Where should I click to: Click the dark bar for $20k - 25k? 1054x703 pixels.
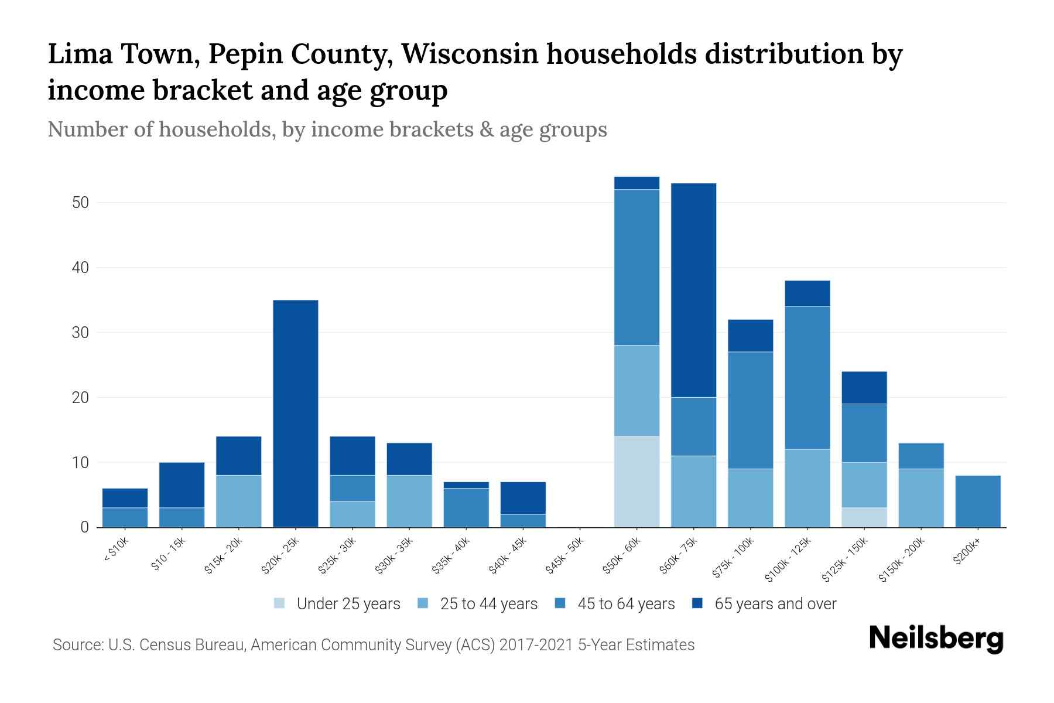pyautogui.click(x=296, y=414)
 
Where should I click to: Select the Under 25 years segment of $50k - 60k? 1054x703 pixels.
pyautogui.click(x=636, y=482)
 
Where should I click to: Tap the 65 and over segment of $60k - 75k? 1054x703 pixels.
pyautogui.click(x=693, y=290)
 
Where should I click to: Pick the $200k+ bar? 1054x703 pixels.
pyautogui.click(x=977, y=501)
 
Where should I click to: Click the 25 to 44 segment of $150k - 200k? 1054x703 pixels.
pyautogui.click(x=921, y=498)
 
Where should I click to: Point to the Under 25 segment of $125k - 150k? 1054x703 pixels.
pyautogui.click(x=864, y=517)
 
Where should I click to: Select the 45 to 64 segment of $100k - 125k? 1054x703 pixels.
pyautogui.click(x=807, y=378)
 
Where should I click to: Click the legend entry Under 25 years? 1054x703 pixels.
pyautogui.click(x=348, y=604)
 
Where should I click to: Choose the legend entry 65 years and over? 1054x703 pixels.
pyautogui.click(x=775, y=604)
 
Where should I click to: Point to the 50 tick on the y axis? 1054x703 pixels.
pyautogui.click(x=80, y=203)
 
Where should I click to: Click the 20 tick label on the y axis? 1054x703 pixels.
pyautogui.click(x=80, y=398)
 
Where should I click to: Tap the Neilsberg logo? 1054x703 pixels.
pyautogui.click(x=936, y=639)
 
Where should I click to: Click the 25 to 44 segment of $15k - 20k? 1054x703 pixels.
pyautogui.click(x=239, y=501)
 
